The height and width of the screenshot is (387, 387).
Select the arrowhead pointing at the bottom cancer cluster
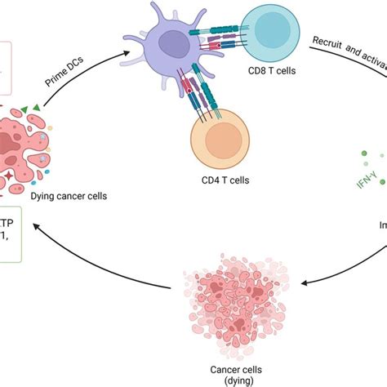coord(304,284)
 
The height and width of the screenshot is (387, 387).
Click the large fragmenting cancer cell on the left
coord(37,151)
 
